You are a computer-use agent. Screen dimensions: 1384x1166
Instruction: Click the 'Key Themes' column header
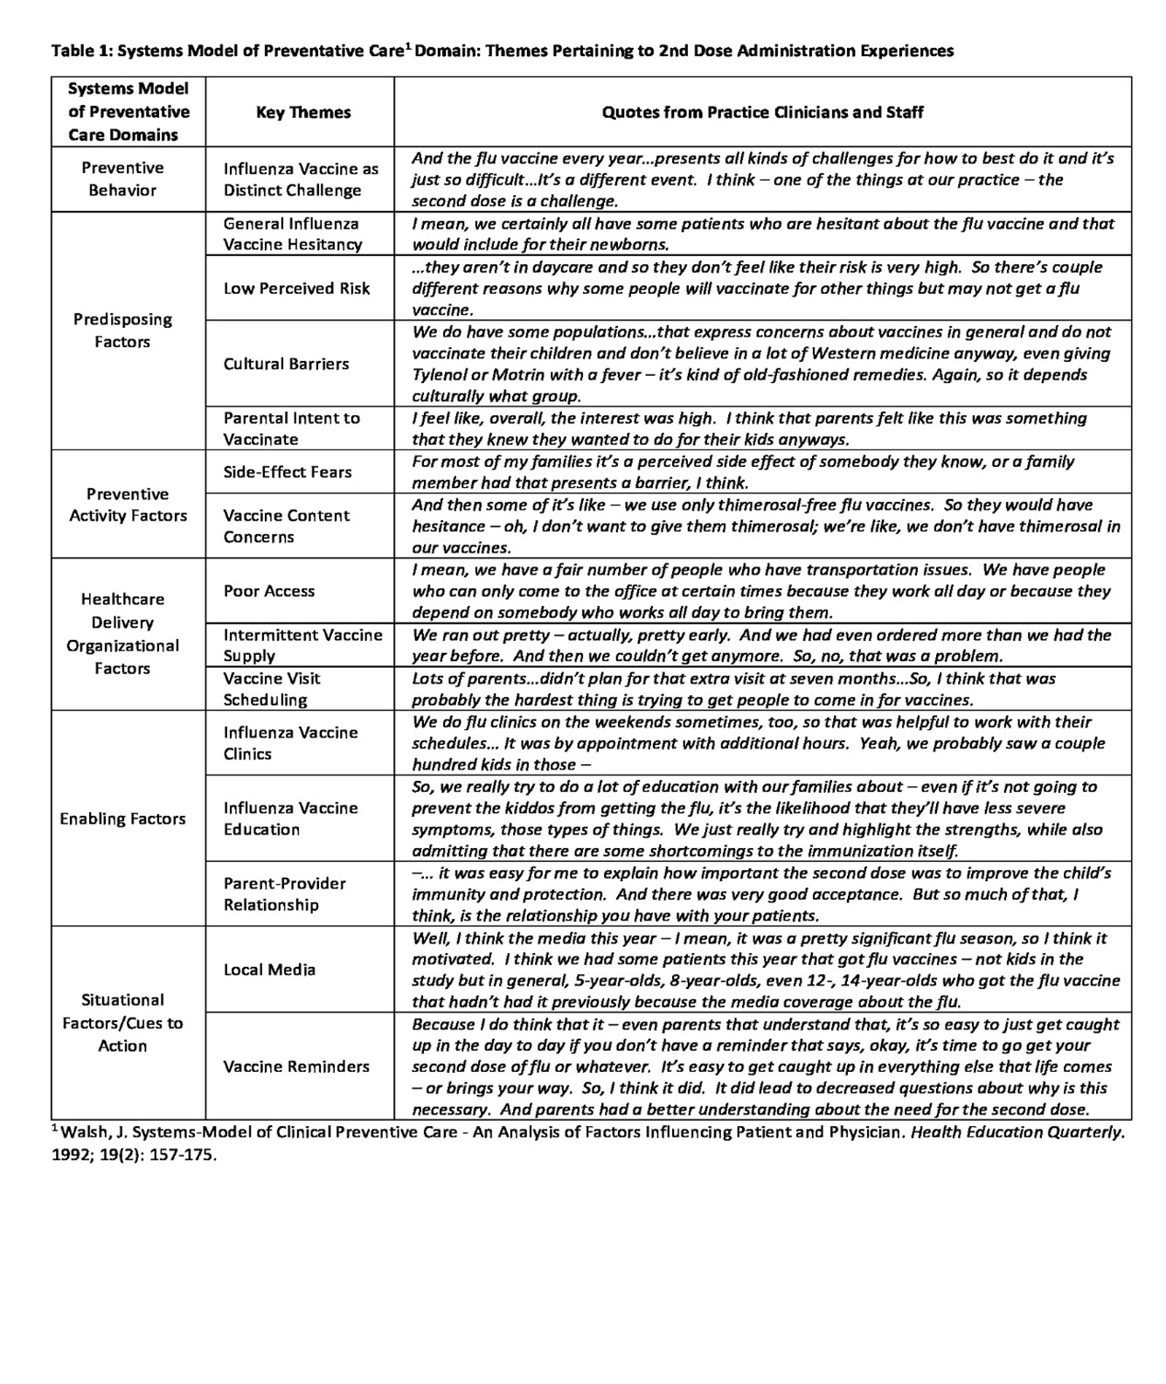click(302, 112)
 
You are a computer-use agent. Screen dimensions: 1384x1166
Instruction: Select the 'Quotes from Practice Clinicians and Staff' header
click(762, 112)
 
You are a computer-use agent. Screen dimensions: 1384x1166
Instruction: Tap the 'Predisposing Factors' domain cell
click(122, 330)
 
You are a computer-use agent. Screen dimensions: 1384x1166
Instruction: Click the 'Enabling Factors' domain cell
click(122, 818)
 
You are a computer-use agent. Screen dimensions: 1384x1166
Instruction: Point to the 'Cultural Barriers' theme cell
click(286, 364)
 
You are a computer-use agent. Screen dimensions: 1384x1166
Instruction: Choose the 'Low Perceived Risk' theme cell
click(296, 288)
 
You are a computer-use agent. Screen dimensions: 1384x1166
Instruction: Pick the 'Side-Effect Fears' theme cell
click(287, 472)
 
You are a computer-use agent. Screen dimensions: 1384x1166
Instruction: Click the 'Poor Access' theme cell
click(268, 591)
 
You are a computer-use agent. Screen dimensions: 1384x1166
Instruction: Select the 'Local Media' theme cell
click(269, 970)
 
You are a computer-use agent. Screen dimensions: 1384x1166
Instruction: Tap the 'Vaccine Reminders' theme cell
click(295, 1067)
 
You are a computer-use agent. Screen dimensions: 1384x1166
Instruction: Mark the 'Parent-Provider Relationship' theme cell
click(284, 894)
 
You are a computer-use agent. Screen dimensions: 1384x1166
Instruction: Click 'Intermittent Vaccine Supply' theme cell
click(302, 645)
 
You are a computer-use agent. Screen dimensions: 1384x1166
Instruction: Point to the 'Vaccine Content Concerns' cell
click(286, 526)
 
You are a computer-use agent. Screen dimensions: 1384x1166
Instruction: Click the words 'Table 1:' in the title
click(82, 51)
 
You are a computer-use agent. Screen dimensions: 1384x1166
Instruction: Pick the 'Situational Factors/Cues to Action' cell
click(122, 1023)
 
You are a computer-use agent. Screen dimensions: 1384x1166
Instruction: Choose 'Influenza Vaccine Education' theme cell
click(290, 818)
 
